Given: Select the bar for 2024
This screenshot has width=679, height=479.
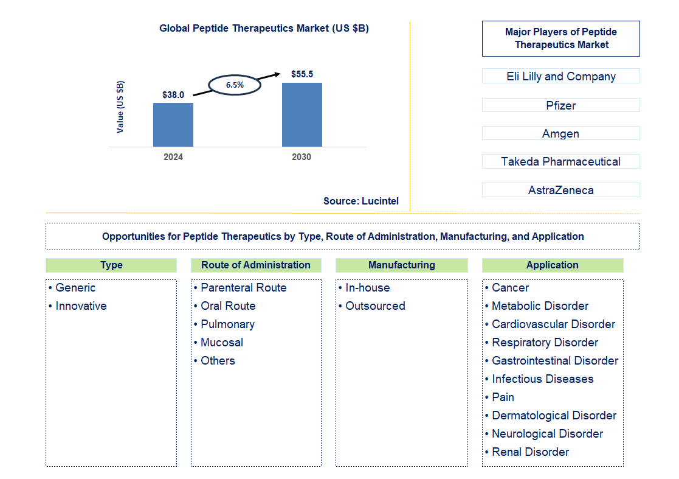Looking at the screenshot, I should point(173,125).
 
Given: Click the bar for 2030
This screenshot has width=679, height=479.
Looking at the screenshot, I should point(302,114).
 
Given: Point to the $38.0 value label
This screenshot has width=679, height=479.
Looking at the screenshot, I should point(173,95).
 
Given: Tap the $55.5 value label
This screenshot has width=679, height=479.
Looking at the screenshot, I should point(302,74).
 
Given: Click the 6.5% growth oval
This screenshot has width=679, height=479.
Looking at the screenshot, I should point(235,85).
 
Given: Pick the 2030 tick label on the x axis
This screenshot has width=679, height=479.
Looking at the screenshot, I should point(302,157).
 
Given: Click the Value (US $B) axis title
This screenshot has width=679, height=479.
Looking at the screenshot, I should point(120,107).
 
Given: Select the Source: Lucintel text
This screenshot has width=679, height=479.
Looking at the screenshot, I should point(361,201).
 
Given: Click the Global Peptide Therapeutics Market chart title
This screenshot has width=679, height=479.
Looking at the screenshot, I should point(264,28).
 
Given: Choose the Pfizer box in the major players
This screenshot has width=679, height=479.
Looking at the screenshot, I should point(560,105).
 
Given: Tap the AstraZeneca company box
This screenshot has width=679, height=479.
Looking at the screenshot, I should point(560,190).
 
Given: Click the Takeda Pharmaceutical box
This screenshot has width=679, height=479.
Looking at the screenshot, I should point(560,161).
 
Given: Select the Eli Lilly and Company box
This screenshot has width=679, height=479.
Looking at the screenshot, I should point(560,76).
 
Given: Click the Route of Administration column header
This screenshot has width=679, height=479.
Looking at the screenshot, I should point(256,265).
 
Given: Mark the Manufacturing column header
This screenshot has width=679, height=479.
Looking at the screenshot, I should point(402,265).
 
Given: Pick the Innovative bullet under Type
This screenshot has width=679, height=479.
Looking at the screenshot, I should point(81,306).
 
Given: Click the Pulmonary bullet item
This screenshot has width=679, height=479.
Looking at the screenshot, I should point(227,324).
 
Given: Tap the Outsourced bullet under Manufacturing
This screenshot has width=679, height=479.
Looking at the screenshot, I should point(375,306).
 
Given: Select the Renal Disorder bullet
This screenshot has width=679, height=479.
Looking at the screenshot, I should point(530,452).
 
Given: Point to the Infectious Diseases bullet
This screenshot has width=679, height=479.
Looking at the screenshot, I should point(542,379).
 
